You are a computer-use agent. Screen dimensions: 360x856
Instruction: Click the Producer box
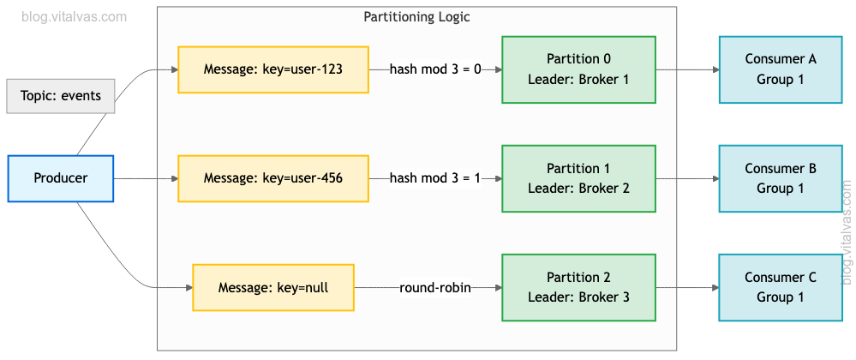tap(60, 178)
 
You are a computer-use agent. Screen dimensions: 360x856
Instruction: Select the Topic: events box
tap(61, 95)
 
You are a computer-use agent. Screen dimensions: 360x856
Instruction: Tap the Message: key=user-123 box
tap(273, 69)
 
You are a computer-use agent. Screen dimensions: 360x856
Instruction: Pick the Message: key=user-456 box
tap(273, 178)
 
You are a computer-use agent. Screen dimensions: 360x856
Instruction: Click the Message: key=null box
tap(273, 287)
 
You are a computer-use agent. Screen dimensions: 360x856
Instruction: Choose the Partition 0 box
tap(578, 69)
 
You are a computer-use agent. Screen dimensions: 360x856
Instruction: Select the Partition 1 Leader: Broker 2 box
tap(578, 178)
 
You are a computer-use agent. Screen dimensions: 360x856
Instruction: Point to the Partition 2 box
tap(578, 287)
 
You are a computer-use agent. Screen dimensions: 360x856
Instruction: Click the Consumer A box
tap(780, 69)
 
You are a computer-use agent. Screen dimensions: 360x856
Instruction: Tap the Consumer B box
tap(780, 178)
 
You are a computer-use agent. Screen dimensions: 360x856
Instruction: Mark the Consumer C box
tap(780, 287)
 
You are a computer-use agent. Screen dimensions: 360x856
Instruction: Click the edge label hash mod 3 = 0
tap(435, 69)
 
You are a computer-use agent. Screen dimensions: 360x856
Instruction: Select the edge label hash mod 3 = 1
tap(435, 178)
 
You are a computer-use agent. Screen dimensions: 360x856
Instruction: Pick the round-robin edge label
tap(435, 287)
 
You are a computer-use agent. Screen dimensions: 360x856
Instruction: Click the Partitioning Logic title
tap(416, 17)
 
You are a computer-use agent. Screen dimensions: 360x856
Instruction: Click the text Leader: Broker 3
tap(578, 297)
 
